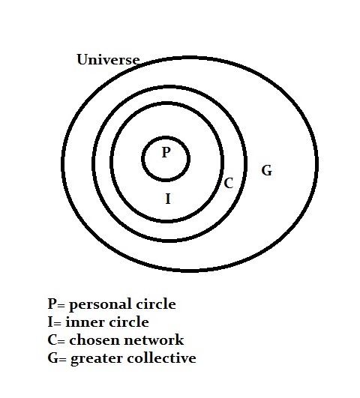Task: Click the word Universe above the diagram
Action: [x=108, y=60]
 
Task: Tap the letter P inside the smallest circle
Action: [x=166, y=152]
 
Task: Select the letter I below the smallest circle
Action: [x=168, y=199]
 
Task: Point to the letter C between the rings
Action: [x=229, y=183]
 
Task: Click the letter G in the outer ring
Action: [x=267, y=170]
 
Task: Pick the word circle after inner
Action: [x=129, y=322]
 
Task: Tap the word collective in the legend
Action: [x=161, y=358]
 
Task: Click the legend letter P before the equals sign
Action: [x=52, y=304]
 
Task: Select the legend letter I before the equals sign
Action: [x=50, y=322]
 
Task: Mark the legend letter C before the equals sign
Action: [x=52, y=340]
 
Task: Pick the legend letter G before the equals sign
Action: [x=53, y=358]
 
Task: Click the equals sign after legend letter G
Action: [x=63, y=360]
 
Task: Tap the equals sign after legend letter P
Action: [x=61, y=306]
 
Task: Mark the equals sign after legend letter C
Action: [x=61, y=342]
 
